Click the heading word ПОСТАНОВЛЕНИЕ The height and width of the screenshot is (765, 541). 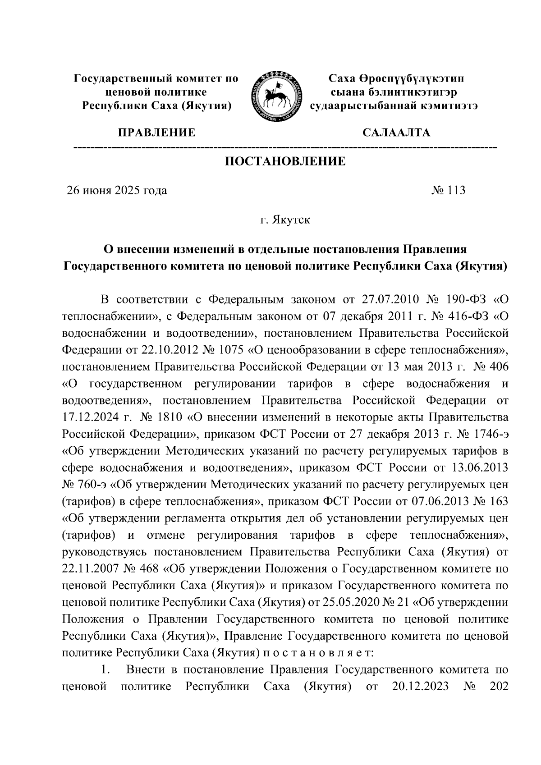click(285, 161)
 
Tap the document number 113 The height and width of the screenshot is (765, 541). click(456, 190)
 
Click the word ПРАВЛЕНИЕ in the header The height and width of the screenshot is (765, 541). click(156, 133)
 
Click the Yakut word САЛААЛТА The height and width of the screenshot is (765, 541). click(396, 133)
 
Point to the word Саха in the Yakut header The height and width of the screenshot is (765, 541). click(344, 79)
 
